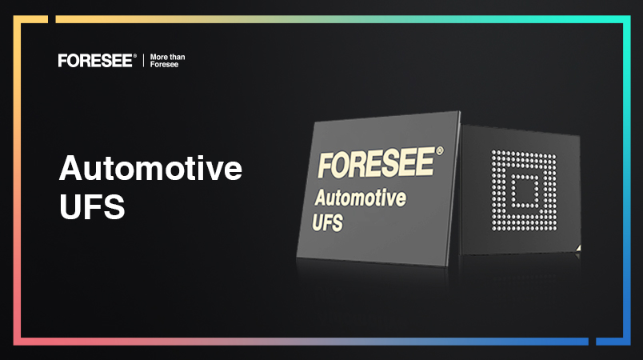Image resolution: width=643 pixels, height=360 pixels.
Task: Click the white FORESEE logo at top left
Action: coord(95,61)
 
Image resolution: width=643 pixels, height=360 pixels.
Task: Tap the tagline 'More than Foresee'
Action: coord(167,61)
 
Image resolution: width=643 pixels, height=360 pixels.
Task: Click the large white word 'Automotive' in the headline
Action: coord(150,168)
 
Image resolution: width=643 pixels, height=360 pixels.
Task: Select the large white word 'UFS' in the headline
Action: coord(92,206)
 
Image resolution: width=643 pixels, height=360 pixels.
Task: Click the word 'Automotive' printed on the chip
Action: coord(360,198)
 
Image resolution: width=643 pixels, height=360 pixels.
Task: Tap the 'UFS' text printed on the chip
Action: coord(327,222)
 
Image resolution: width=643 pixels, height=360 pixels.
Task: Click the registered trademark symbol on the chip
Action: coord(440,151)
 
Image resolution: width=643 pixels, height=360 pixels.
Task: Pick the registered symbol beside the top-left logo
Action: coord(134,55)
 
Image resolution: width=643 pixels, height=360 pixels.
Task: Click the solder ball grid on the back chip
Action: coord(524,190)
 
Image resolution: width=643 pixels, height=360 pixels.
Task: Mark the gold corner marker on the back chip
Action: coord(577,248)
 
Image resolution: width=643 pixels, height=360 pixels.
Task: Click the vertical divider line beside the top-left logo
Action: coord(143,61)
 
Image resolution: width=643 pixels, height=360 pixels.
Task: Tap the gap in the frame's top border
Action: coord(52,19)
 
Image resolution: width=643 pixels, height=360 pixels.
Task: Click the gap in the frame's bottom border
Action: coord(592,342)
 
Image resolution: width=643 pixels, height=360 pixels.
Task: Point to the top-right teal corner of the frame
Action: coord(627,19)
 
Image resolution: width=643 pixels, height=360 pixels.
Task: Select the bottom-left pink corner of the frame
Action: coord(17,342)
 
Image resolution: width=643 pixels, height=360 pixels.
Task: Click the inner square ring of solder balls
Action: coord(525,191)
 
